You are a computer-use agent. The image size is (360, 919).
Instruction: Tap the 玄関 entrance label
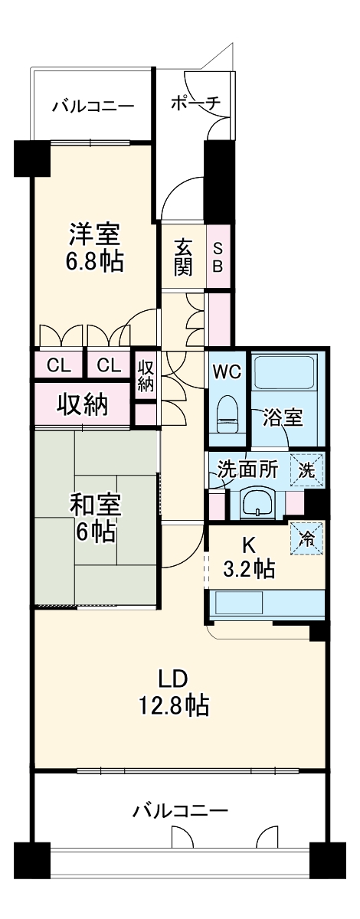pos(183,257)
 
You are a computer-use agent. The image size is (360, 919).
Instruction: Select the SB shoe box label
pos(218,257)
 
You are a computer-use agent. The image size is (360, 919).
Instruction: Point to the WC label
pos(227,371)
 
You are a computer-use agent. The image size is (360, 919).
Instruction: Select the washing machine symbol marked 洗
pos(307,469)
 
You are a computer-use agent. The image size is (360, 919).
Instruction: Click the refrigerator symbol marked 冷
pos(306,535)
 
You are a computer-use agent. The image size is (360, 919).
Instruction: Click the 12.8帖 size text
pos(174,705)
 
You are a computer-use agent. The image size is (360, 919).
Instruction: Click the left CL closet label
pos(58,365)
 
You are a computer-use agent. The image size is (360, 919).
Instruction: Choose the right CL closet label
pos(109,365)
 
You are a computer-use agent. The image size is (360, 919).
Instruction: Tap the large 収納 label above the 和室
pos(83,404)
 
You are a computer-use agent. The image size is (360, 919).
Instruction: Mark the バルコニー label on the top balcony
pos(93,106)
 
